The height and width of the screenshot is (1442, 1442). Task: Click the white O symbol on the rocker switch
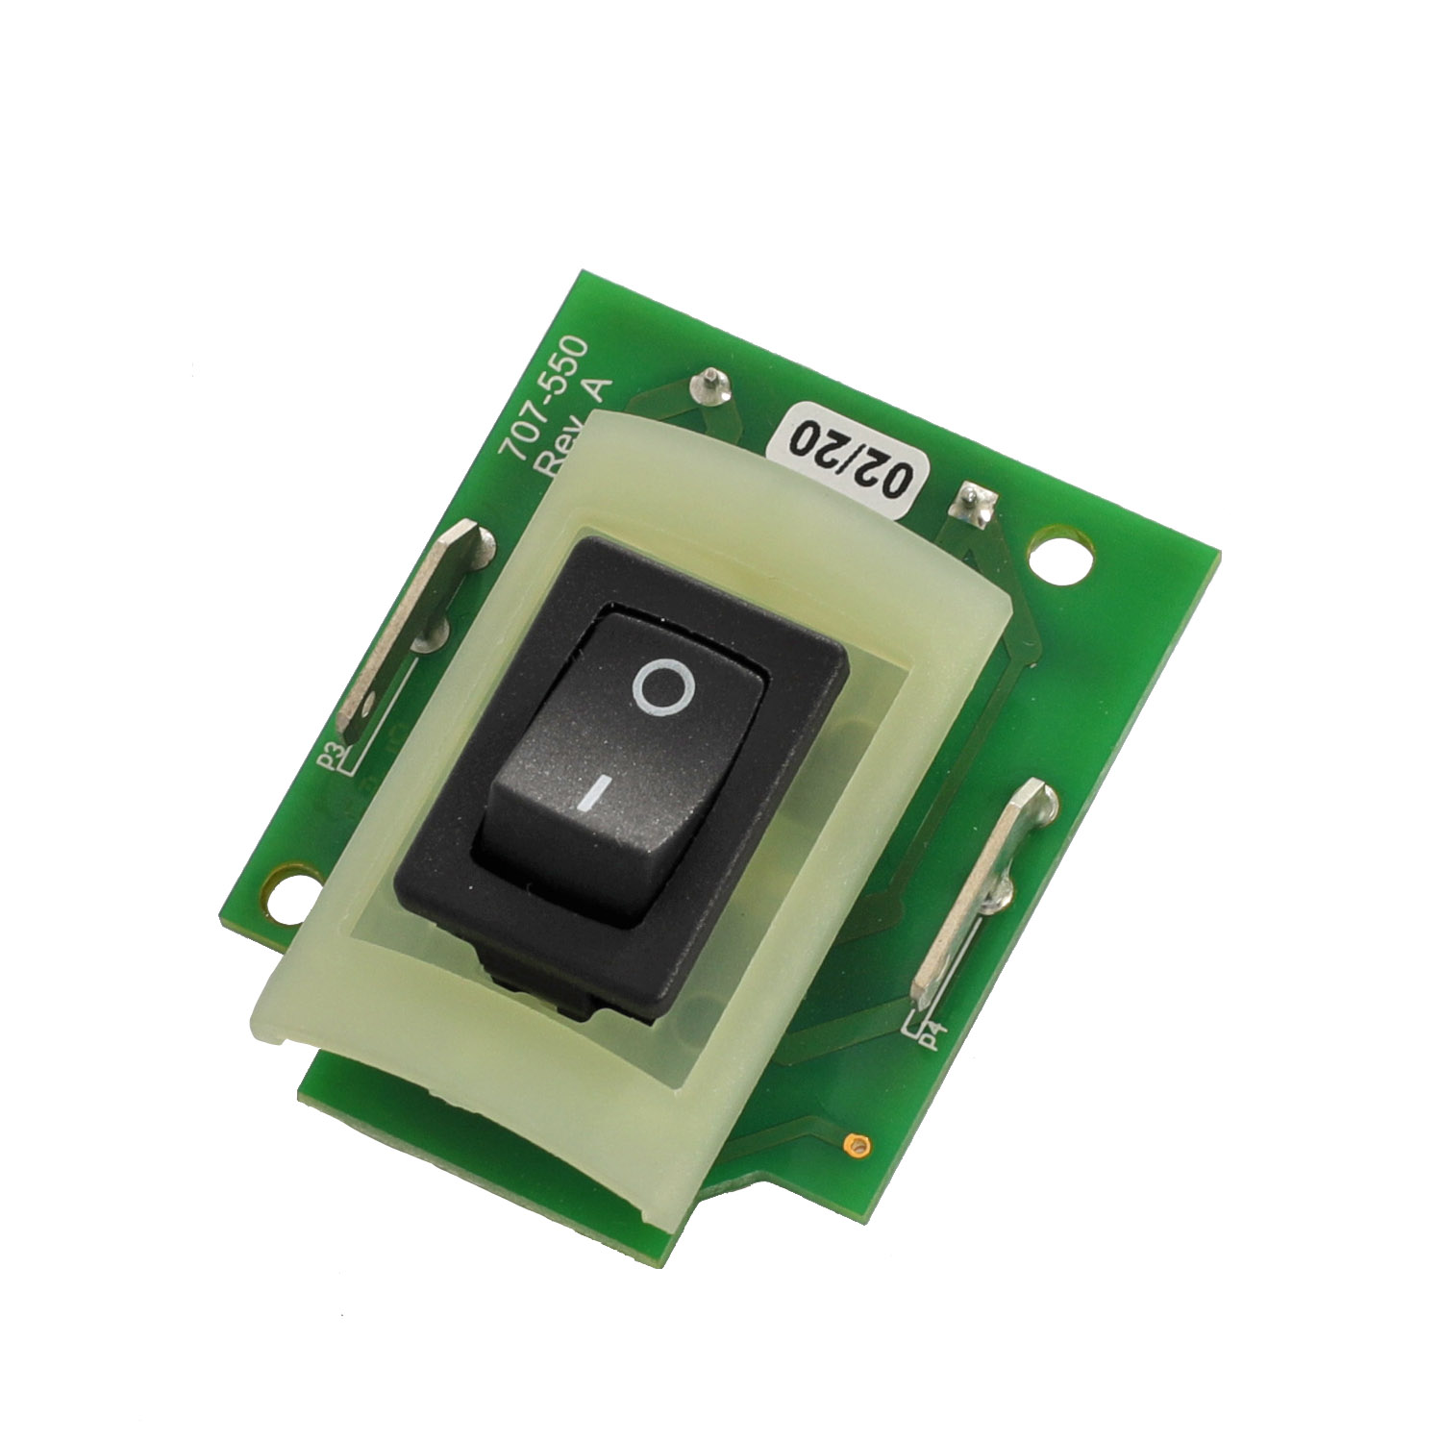click(x=662, y=687)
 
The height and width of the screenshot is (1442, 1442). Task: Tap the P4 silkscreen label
click(x=931, y=1038)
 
